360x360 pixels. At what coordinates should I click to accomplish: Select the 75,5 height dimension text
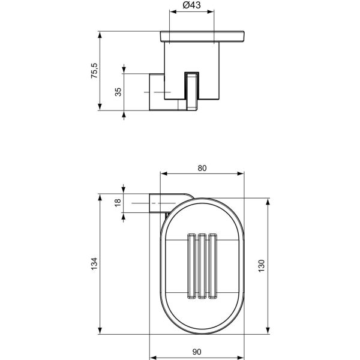tap(93, 72)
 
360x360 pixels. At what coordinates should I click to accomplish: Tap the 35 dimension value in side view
tap(118, 92)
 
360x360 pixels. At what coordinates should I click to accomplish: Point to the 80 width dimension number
tap(202, 169)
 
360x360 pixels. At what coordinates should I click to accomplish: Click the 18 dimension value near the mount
tap(118, 203)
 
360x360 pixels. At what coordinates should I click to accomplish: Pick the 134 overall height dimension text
tap(93, 265)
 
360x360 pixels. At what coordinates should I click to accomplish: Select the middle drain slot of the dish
tap(202, 265)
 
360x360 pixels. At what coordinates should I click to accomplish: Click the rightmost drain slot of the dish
tap(211, 265)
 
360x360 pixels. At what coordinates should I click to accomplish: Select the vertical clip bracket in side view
tap(192, 92)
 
